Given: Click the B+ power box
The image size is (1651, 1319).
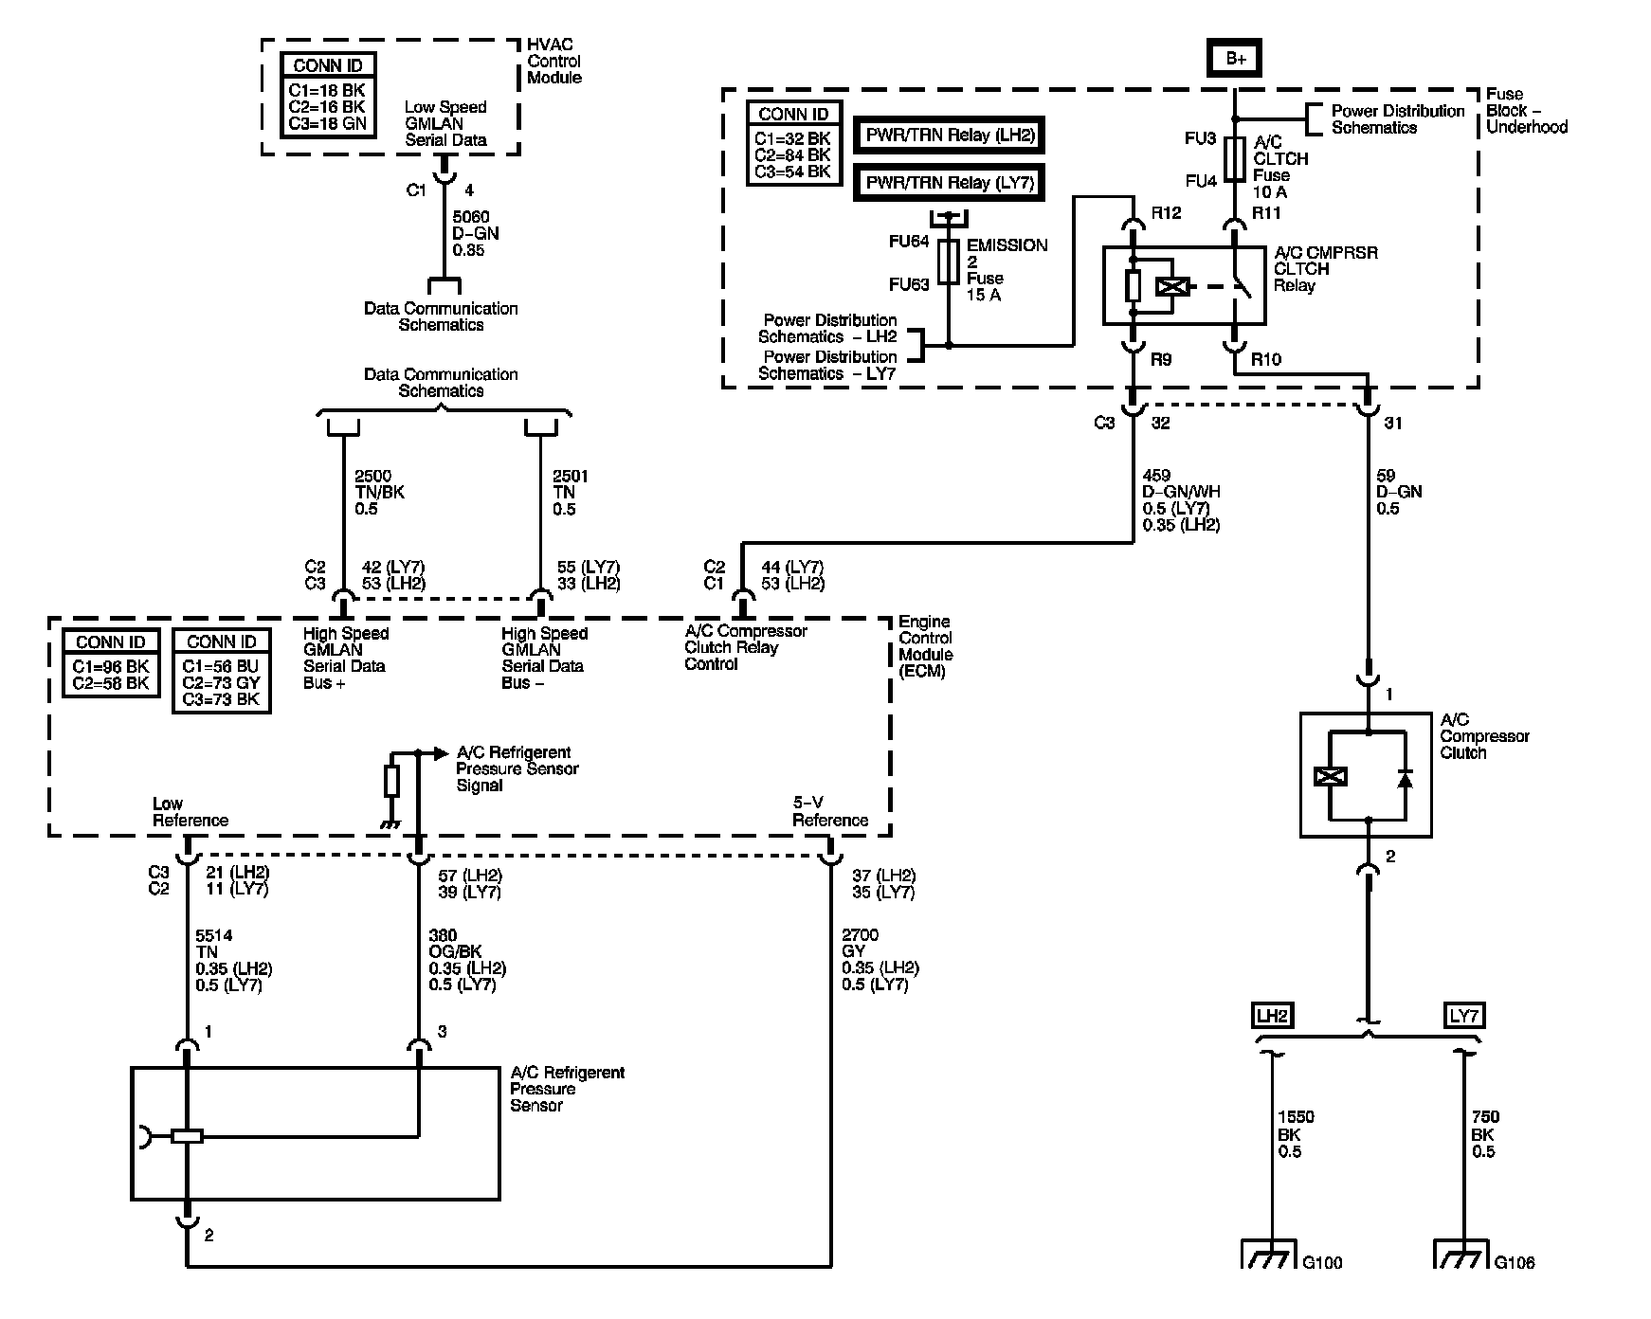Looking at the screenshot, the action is [1235, 59].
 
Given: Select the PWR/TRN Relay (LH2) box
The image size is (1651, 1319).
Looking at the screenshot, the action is [949, 135].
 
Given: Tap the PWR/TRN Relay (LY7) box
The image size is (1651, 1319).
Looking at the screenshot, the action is [949, 182].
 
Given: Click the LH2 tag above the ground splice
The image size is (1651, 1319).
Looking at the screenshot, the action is [1272, 1016].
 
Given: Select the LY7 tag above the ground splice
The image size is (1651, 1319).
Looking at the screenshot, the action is [1464, 1016].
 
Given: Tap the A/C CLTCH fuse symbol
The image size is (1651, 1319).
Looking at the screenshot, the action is [1234, 158].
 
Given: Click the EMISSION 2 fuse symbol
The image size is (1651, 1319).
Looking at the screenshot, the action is [949, 261].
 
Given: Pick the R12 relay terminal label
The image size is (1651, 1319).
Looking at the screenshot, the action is [1167, 213].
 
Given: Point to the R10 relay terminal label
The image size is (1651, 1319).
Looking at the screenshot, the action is [1266, 359].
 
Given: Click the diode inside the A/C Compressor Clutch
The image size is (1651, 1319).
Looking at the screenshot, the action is [1405, 777].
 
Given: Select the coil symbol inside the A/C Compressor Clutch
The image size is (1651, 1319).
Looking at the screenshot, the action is [1331, 777].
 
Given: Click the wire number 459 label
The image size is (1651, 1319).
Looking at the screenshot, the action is [1157, 476].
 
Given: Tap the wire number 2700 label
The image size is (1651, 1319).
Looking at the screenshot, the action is [860, 935].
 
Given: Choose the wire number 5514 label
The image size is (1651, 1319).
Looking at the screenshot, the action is [214, 935].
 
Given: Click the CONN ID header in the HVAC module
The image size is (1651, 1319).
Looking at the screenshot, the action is [328, 65].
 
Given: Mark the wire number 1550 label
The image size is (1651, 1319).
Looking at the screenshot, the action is [1297, 1117].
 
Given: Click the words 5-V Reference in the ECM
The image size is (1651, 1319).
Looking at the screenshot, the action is [830, 812].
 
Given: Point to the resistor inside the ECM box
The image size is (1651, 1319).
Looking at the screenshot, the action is [391, 782].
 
